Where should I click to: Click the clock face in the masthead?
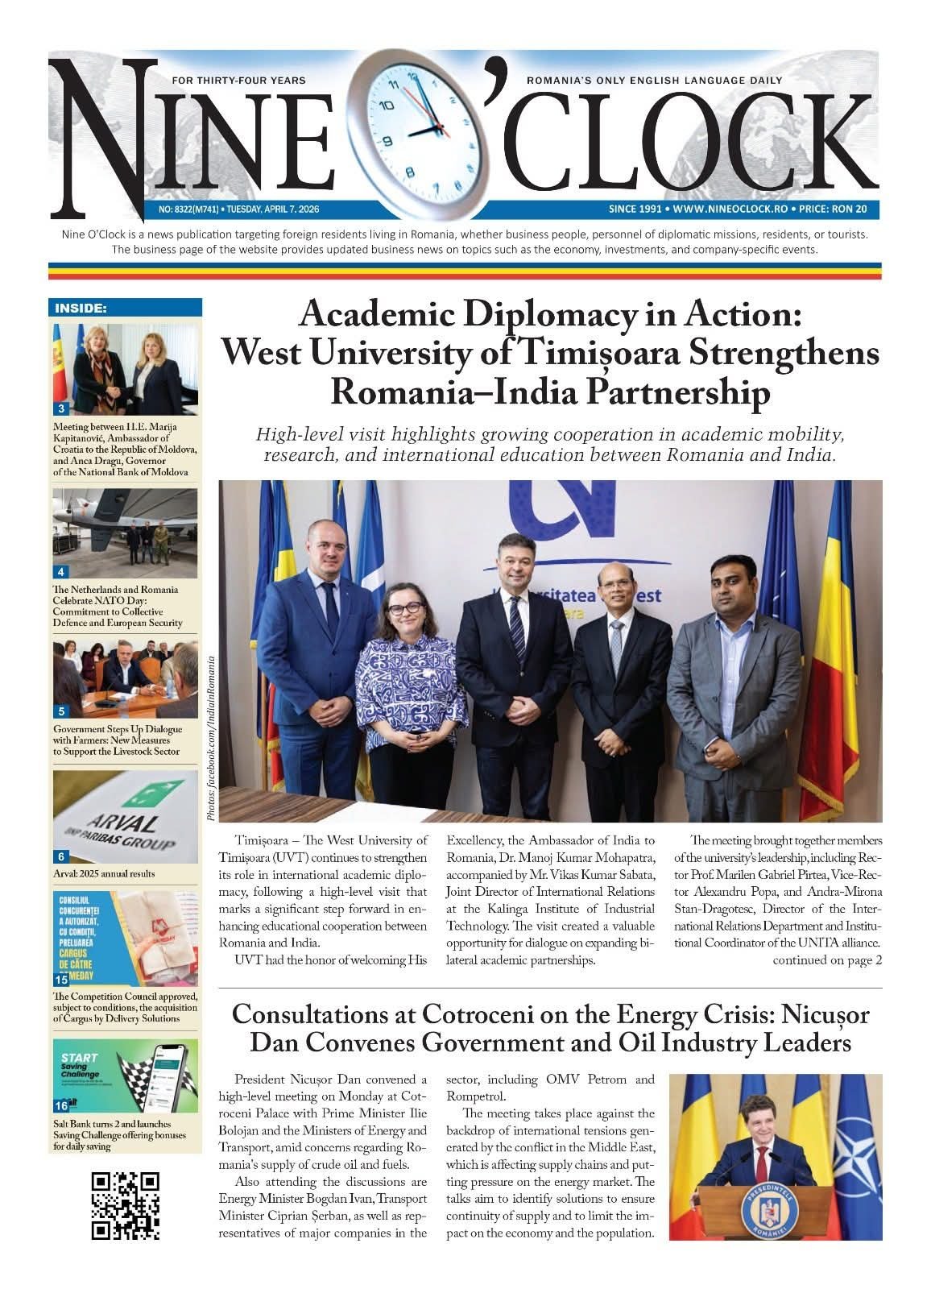pyautogui.click(x=421, y=130)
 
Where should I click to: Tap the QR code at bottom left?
pyautogui.click(x=125, y=1204)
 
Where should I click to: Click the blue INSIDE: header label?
pyautogui.click(x=81, y=308)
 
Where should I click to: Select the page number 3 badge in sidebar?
pyautogui.click(x=61, y=408)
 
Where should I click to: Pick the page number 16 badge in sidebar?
pyautogui.click(x=61, y=1107)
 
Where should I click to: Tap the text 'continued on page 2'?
pyautogui.click(x=827, y=960)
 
